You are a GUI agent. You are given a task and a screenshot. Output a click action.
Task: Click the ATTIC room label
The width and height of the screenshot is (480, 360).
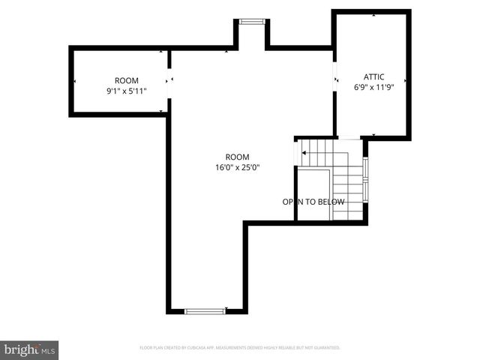point(373,76)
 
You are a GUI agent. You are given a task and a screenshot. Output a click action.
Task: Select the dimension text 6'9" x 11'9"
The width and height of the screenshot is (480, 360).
point(373,87)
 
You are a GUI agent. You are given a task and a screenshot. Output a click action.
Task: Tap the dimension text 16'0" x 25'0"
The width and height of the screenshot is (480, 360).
point(237,167)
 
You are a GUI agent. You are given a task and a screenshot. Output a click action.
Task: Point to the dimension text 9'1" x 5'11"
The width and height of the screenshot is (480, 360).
point(126,91)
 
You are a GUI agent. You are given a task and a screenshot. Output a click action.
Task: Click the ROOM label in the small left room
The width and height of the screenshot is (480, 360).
point(126,80)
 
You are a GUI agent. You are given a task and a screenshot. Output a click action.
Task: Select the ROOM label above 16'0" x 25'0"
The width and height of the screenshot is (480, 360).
point(237,157)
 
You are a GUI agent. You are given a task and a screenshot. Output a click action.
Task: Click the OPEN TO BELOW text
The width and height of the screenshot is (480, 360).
point(313,202)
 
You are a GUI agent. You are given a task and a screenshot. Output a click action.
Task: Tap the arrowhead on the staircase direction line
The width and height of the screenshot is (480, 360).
point(304,153)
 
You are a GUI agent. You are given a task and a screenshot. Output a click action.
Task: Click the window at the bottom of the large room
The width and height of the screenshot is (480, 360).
point(205,310)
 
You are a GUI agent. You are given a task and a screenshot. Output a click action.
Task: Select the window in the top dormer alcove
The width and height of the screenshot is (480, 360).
point(251,22)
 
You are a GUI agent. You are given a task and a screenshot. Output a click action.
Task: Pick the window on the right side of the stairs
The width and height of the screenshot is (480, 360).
point(365,180)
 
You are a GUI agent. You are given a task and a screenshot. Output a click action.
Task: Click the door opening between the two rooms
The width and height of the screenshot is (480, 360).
point(169,80)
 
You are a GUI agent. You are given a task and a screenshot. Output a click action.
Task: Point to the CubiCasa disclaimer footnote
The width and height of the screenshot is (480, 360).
point(240,348)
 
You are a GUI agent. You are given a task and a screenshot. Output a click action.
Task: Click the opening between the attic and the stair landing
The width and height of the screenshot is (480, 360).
point(349,137)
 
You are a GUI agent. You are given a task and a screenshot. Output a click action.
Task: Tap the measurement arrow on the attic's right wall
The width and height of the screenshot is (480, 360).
point(406,79)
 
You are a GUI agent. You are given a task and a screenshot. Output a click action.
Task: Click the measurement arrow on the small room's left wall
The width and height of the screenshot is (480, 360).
point(74,81)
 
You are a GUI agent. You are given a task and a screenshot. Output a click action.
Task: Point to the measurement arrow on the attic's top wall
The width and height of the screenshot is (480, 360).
point(373,15)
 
